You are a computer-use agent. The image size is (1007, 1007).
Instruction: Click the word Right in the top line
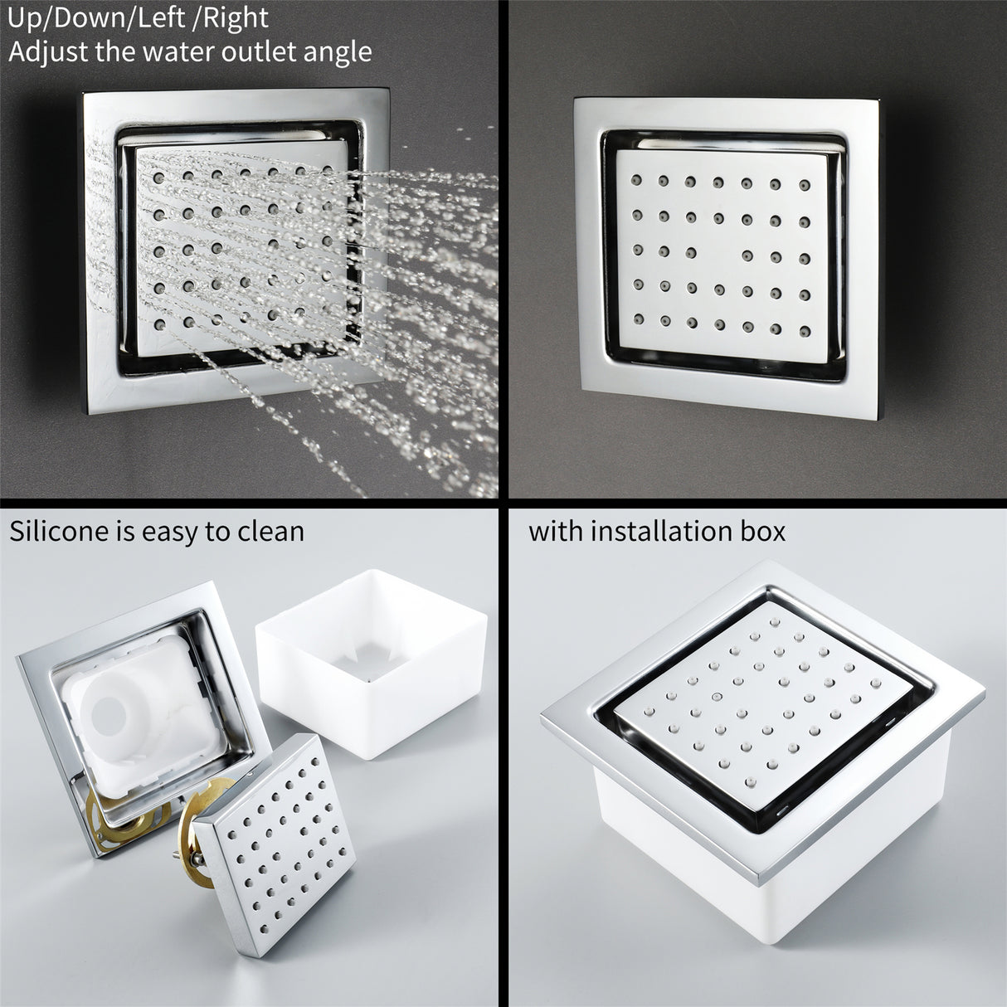[x=235, y=19]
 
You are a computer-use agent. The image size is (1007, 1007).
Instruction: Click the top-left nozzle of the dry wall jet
[x=636, y=180]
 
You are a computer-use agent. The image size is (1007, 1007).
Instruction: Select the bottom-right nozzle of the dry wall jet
[x=805, y=331]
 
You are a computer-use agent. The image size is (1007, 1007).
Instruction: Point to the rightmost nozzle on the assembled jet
[x=876, y=683]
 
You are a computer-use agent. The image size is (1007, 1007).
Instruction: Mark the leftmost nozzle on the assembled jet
[x=649, y=711]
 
